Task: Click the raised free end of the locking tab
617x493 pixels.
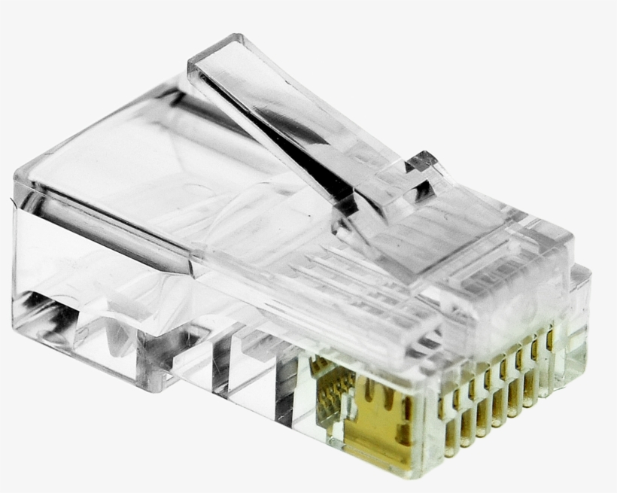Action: point(218,53)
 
